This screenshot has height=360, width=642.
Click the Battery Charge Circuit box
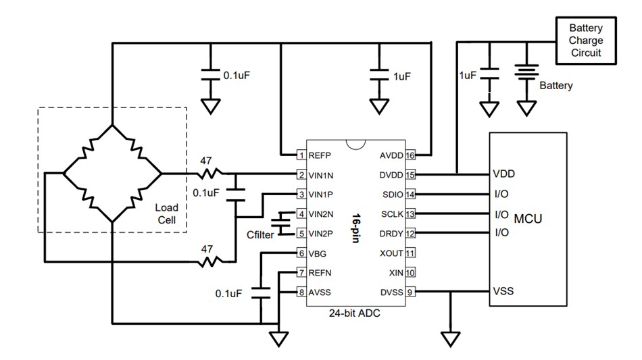(x=585, y=41)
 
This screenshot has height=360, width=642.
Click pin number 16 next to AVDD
(x=410, y=155)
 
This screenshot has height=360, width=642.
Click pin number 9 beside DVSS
(x=410, y=292)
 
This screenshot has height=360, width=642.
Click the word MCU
(x=528, y=219)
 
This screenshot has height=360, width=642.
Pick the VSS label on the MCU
(x=503, y=292)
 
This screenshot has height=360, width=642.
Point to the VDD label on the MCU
(x=504, y=174)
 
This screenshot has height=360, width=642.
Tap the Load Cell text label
(x=166, y=213)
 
